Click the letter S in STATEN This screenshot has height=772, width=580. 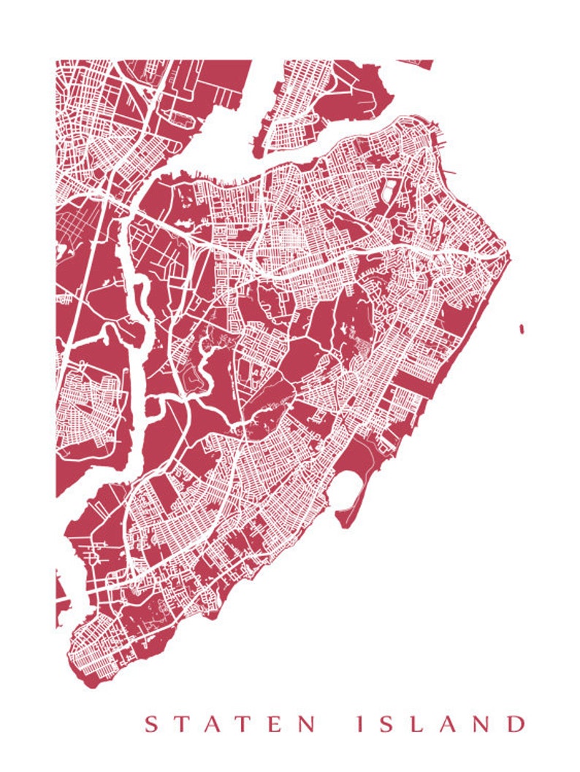tap(151, 725)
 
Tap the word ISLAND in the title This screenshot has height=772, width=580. tap(438, 725)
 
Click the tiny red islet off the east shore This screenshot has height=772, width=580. tap(522, 329)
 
